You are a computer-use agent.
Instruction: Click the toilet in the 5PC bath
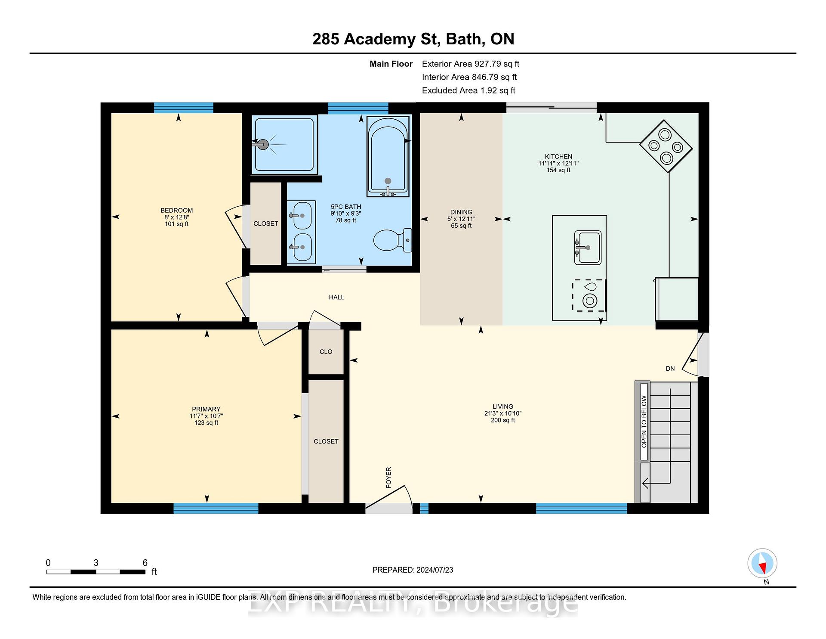pos(392,240)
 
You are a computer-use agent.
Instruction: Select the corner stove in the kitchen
pos(666,146)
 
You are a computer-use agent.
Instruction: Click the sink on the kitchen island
pos(588,248)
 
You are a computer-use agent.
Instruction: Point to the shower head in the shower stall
pos(262,144)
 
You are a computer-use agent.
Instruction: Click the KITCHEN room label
pos(558,157)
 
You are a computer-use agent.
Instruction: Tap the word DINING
pos(461,212)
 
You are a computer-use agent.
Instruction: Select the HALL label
pos(336,297)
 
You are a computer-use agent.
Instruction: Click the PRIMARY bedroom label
pos(206,409)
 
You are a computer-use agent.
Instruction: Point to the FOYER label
pos(388,478)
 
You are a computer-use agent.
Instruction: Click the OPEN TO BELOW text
pos(644,422)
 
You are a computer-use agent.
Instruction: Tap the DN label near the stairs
pos(670,369)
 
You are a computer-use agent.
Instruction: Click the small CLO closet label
pos(326,352)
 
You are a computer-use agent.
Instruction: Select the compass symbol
pos(762,563)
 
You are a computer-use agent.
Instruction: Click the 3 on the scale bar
pos(96,563)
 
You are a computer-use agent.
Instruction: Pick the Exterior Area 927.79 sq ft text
pos(471,64)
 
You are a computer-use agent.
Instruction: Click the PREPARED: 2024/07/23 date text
pos(413,570)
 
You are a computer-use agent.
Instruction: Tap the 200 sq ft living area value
pos(503,420)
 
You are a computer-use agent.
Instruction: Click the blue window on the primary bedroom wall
pos(216,509)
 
